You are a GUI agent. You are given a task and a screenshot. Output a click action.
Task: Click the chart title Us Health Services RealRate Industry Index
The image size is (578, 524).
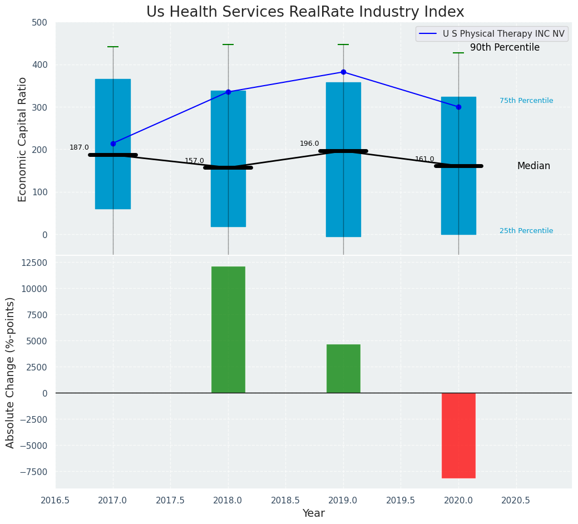pyautogui.click(x=305, y=12)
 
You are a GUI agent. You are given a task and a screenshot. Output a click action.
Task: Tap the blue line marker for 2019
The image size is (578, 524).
pyautogui.click(x=343, y=72)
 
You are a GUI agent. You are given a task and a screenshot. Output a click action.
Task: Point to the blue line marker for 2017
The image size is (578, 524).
pyautogui.click(x=113, y=144)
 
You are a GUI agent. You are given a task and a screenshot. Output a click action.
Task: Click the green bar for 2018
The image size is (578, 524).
pyautogui.click(x=228, y=329)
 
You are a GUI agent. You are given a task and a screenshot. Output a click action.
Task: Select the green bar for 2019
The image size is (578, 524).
pyautogui.click(x=343, y=368)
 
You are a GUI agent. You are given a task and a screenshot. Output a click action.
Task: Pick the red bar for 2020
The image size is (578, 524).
pyautogui.click(x=458, y=435)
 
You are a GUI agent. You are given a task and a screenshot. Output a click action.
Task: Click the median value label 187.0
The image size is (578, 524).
pyautogui.click(x=79, y=147)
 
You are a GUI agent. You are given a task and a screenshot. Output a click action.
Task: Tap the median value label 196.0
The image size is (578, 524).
pyautogui.click(x=309, y=144)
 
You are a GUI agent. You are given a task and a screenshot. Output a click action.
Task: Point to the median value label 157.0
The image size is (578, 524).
pyautogui.click(x=194, y=161)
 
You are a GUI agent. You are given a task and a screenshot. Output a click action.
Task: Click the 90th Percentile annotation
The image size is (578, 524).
pyautogui.click(x=505, y=48)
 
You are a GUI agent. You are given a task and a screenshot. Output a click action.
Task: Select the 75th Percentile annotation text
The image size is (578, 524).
pyautogui.click(x=526, y=101)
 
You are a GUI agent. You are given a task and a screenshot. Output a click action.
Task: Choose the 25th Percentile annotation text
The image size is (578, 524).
pyautogui.click(x=526, y=231)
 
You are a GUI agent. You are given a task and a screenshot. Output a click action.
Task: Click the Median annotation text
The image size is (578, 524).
pyautogui.click(x=533, y=166)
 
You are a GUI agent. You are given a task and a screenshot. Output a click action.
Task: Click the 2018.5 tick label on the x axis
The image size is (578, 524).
pyautogui.click(x=286, y=500)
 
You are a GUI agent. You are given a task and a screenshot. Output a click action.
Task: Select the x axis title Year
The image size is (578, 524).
pyautogui.click(x=314, y=513)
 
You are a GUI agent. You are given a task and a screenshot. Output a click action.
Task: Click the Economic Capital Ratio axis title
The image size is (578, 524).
pyautogui.click(x=23, y=139)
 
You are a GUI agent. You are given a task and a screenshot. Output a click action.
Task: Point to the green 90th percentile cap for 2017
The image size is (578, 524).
pyautogui.click(x=113, y=47)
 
